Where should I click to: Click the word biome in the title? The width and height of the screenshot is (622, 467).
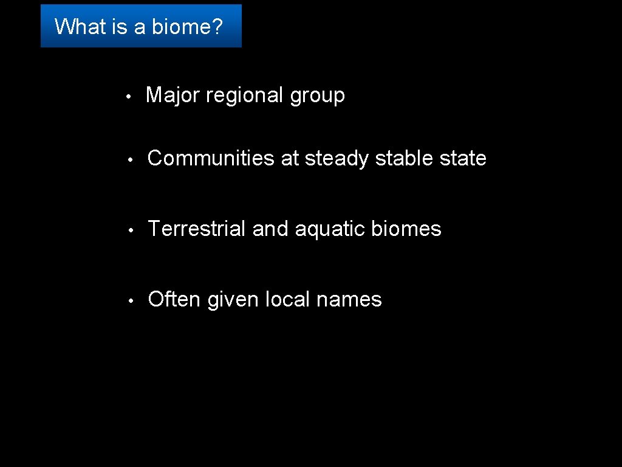[x=187, y=27]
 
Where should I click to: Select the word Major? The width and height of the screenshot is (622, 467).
[x=173, y=95]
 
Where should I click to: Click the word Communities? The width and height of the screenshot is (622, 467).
[x=211, y=158]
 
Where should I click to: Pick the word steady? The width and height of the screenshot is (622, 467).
[x=337, y=159]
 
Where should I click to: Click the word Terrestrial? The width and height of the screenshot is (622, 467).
[x=197, y=229]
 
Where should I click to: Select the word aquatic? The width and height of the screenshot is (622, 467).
[x=330, y=230]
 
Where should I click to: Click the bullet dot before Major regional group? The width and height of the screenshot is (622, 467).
[x=128, y=97]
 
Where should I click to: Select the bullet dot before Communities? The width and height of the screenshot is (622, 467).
[x=129, y=160]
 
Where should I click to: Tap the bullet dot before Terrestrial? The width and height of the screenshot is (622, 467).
[x=129, y=230]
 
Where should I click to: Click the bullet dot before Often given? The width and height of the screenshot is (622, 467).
[x=129, y=301]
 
